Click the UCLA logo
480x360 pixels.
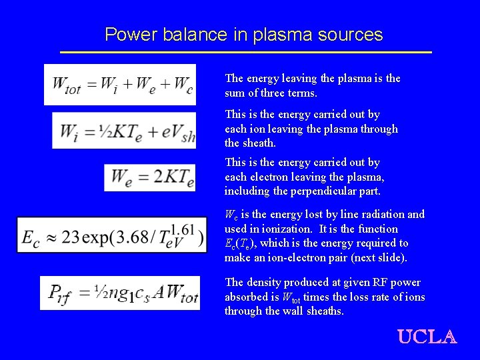[427, 337]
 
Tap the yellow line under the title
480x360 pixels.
[245, 52]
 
